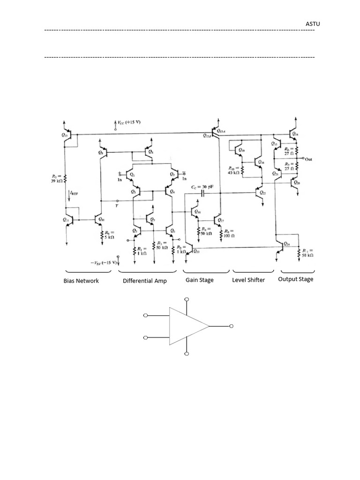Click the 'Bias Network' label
[x=81, y=281]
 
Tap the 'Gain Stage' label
[x=199, y=280]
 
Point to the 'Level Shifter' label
[x=248, y=280]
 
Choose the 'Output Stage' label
[x=296, y=279]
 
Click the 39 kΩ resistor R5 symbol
[x=65, y=178]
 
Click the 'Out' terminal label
[x=308, y=159]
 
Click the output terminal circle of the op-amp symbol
[x=231, y=326]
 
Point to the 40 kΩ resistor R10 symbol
[x=243, y=169]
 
